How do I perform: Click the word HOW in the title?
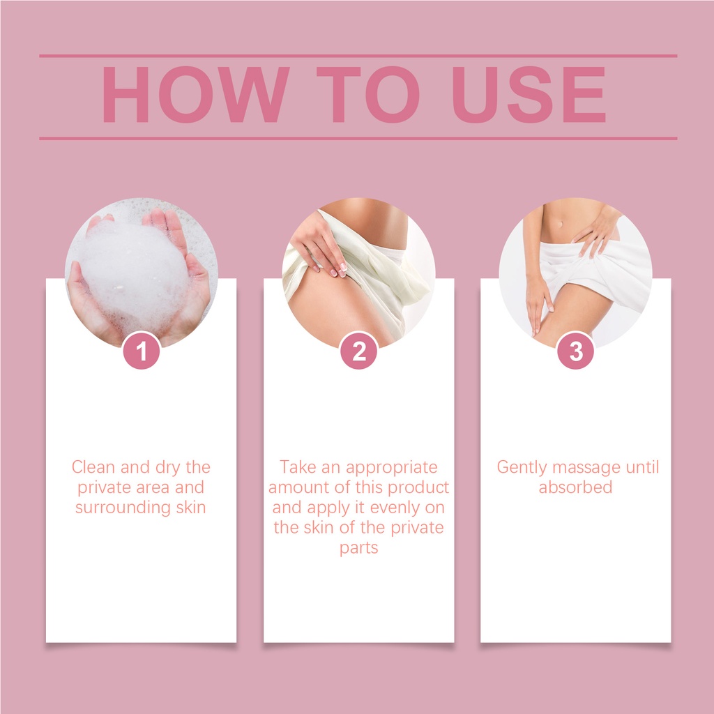(195, 94)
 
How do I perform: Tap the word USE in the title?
(529, 94)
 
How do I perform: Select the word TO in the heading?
(368, 94)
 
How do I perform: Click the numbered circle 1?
(141, 351)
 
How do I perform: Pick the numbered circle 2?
(359, 351)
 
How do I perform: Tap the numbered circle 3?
(575, 351)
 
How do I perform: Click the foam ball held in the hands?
(135, 274)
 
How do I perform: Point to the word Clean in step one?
(94, 466)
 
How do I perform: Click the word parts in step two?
(359, 548)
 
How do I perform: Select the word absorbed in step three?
(575, 487)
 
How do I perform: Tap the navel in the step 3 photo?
(560, 224)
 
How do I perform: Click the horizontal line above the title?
(358, 56)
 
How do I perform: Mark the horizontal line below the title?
(358, 138)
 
